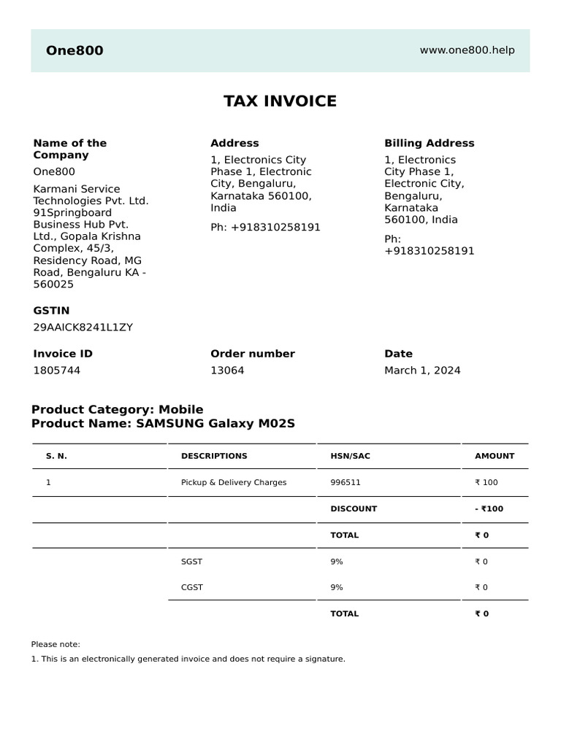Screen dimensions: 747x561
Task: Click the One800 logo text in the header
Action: pos(75,50)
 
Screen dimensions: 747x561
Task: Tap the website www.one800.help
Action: pos(467,50)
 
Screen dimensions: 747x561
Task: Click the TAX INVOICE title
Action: pos(280,101)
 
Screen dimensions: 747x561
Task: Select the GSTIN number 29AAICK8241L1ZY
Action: pos(83,327)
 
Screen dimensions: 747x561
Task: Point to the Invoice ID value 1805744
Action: pos(57,370)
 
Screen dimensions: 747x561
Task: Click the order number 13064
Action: pos(227,370)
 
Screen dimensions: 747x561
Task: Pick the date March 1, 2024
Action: pos(422,370)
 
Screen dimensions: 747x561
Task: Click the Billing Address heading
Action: pos(429,143)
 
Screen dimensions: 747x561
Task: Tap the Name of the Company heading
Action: pos(69,149)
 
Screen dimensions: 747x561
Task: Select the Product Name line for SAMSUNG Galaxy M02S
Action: pos(163,423)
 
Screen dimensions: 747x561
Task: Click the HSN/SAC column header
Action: pos(350,456)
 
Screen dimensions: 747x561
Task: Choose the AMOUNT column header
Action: pos(495,456)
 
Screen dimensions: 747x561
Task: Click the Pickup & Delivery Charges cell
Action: pos(234,482)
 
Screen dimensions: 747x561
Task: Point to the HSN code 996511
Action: pos(346,482)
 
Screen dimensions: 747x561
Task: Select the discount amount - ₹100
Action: pos(489,508)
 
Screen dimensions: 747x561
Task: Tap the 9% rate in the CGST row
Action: pos(337,587)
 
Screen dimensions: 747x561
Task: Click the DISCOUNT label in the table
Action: pos(354,508)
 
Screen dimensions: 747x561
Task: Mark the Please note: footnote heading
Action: pos(56,644)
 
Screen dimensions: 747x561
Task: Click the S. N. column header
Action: pos(56,456)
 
